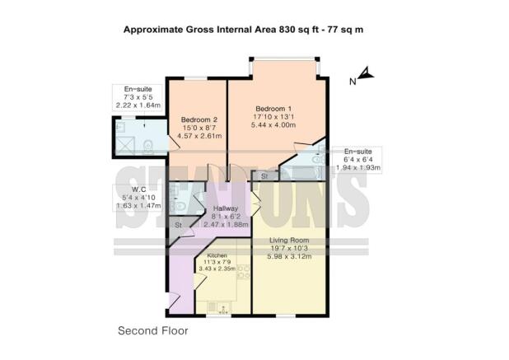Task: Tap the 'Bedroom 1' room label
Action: pyautogui.click(x=272, y=109)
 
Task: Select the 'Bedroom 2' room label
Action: pyautogui.click(x=198, y=119)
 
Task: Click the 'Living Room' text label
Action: pyautogui.click(x=287, y=241)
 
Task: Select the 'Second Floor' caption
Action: pyautogui.click(x=152, y=330)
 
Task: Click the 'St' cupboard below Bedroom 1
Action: pyautogui.click(x=264, y=176)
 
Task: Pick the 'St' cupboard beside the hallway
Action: pyautogui.click(x=178, y=224)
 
